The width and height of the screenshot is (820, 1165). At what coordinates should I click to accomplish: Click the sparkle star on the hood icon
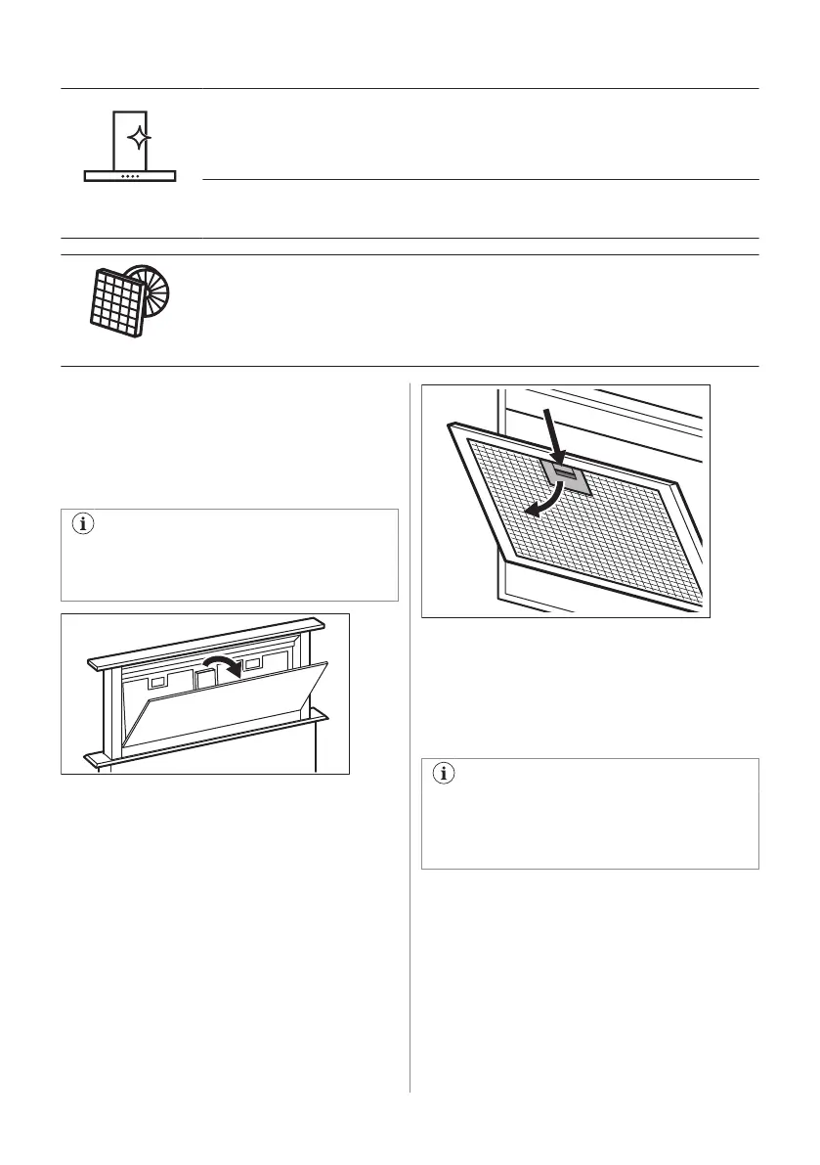[140, 139]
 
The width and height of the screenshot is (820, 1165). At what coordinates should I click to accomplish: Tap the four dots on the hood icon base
[130, 177]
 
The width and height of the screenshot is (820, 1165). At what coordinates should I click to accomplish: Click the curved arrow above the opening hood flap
[220, 670]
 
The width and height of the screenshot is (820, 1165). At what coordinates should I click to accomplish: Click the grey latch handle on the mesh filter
[566, 477]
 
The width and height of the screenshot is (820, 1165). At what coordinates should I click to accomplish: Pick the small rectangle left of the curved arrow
[157, 678]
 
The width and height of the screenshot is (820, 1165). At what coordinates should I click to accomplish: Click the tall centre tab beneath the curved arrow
[204, 678]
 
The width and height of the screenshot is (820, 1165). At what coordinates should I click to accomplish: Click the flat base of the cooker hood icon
[130, 177]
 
